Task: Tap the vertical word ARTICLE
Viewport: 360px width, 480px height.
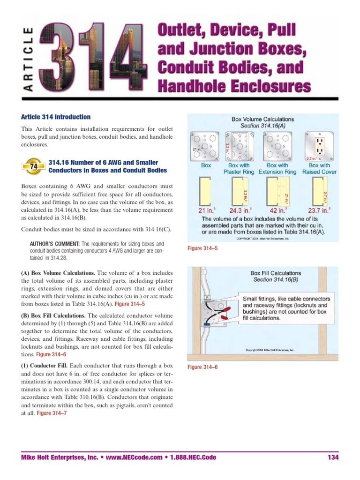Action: (28, 60)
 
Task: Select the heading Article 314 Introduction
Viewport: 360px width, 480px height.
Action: (56, 117)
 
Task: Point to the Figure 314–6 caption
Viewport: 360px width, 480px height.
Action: (202, 367)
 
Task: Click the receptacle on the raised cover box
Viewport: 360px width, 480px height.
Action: (320, 145)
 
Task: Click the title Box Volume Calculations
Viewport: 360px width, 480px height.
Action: (262, 120)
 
